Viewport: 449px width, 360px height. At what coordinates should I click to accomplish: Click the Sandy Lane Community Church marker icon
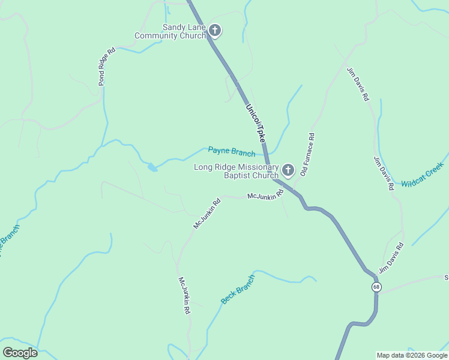point(215,31)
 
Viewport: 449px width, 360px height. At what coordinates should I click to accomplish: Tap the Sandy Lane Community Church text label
point(170,32)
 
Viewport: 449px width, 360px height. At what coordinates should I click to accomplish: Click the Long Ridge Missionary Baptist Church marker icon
point(288,171)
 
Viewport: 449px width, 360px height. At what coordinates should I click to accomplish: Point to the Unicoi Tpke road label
point(255,122)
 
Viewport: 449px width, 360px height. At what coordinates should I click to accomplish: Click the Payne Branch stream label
point(231,151)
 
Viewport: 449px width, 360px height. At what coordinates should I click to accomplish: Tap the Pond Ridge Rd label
point(106,66)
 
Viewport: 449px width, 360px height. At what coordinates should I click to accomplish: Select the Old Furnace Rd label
point(307,154)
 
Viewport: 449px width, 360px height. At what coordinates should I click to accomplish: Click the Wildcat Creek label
point(422,175)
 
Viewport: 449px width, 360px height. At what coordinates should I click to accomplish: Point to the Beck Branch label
point(238,290)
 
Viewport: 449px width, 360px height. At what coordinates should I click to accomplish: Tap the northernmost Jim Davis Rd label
point(358,85)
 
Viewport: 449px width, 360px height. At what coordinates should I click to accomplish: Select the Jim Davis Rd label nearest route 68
point(391,259)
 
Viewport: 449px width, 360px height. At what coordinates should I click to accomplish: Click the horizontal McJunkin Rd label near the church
point(265,196)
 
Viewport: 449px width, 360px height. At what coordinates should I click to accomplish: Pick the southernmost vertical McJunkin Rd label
point(184,296)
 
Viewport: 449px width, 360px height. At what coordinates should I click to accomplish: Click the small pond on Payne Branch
point(152,167)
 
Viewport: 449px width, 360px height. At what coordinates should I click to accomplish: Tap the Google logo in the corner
point(20,353)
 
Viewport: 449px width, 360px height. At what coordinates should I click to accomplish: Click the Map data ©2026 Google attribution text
point(412,355)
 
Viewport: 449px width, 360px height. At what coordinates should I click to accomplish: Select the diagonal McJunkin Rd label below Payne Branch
point(206,214)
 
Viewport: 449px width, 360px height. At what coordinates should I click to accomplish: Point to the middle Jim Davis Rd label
point(384,173)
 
